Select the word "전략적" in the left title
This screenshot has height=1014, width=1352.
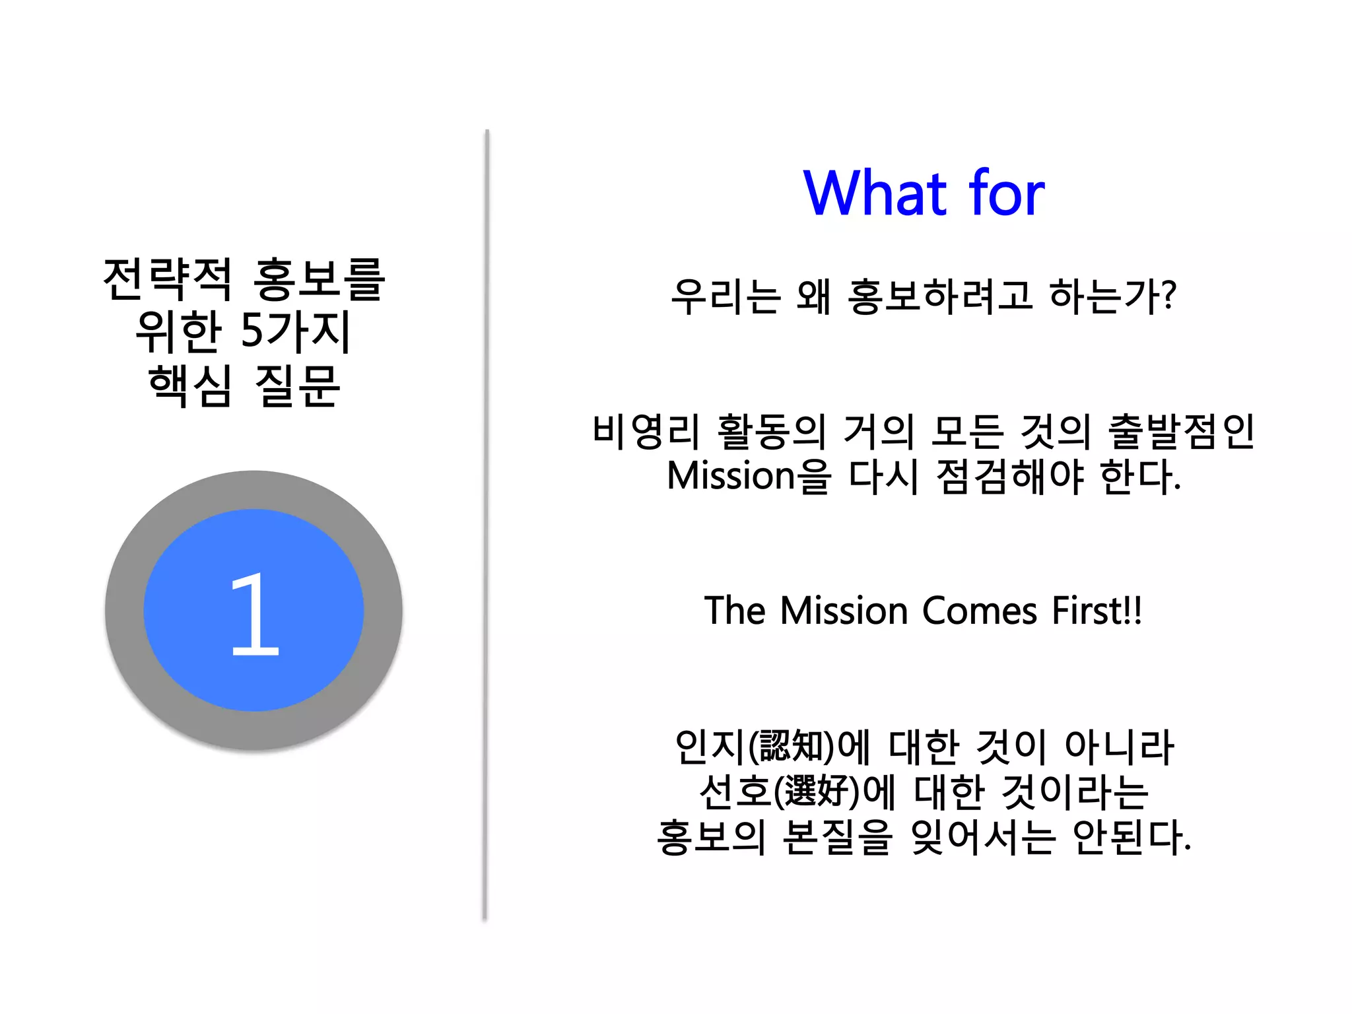pos(168,279)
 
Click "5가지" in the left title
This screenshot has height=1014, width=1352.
pos(295,331)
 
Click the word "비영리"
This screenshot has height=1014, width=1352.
pos(646,432)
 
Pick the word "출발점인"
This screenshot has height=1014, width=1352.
pos(1181,432)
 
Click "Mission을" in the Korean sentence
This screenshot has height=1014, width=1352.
pos(749,477)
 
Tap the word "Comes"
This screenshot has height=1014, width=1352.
pos(980,611)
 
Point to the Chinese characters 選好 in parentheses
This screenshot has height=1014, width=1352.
pos(817,792)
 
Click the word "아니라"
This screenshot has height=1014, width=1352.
pos(1120,747)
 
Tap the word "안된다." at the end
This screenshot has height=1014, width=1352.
pos(1132,837)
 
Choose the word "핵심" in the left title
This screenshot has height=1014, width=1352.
pos(190,386)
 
